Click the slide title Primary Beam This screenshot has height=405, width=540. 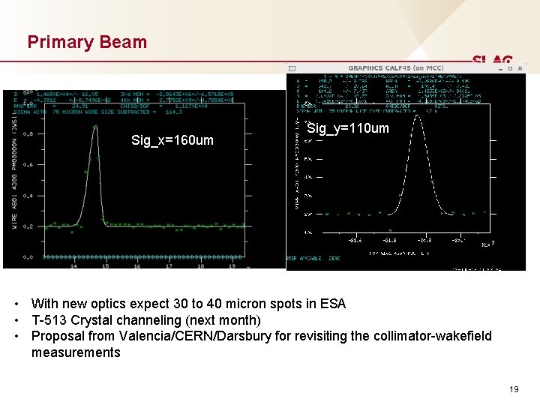click(x=87, y=42)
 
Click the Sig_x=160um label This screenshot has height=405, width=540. click(x=172, y=140)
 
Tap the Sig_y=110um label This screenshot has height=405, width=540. click(x=348, y=129)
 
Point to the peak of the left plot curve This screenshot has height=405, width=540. click(x=95, y=127)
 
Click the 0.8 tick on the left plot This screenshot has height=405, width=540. click(x=27, y=135)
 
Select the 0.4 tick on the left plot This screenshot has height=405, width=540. click(x=27, y=196)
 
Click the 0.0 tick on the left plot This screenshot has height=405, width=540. click(x=27, y=257)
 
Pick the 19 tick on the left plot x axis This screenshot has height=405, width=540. click(x=231, y=265)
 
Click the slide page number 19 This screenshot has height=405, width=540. click(x=513, y=389)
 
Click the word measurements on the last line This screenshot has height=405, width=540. click(x=76, y=352)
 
